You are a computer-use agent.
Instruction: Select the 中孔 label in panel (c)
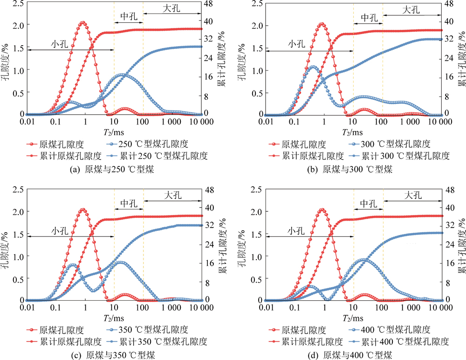click(x=128, y=203)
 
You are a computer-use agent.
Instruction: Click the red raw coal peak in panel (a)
click(x=82, y=22)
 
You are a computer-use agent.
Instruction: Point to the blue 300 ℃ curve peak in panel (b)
click(x=314, y=67)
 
